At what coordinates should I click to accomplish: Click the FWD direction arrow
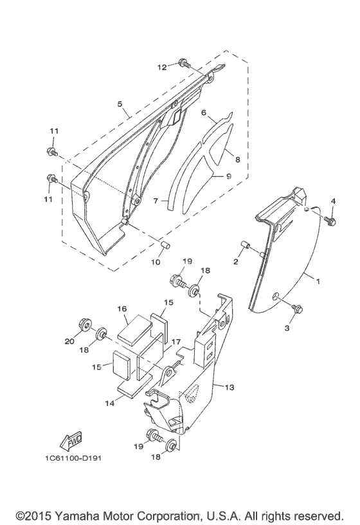pos(71,441)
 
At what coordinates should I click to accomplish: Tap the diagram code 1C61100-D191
pos(73,458)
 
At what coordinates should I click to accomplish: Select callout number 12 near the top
pos(162,68)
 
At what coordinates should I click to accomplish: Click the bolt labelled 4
pos(330,220)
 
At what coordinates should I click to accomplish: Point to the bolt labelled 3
pos(296,308)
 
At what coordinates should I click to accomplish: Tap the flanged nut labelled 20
pos(85,324)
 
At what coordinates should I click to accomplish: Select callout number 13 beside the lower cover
pos(230,387)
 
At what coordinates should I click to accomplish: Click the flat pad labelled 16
pos(134,329)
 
